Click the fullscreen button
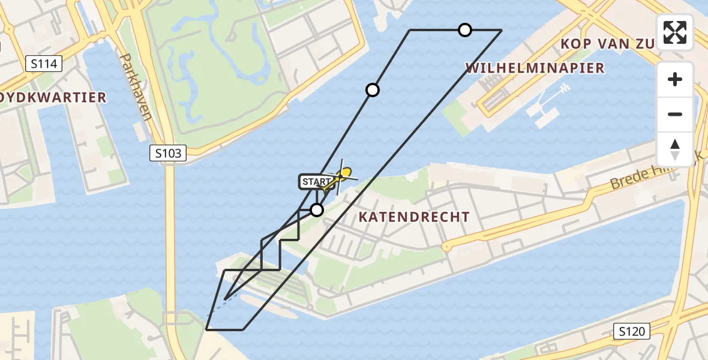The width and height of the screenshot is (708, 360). pos(675,32)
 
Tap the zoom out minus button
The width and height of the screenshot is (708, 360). pos(675,114)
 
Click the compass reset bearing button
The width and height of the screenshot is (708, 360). pos(675,149)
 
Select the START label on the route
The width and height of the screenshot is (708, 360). pos(316,182)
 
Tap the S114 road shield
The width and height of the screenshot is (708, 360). pos(44,63)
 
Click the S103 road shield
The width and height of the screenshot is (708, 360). pos(168,154)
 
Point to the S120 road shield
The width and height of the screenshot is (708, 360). pos(633,330)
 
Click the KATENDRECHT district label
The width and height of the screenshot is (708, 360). pos(414,217)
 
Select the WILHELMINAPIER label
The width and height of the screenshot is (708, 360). pos(535,68)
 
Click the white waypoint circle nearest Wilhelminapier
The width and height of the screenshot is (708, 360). pos(465,30)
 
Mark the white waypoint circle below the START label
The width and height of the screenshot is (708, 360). pos(317,210)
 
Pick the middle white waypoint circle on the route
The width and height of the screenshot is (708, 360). pos(373,90)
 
